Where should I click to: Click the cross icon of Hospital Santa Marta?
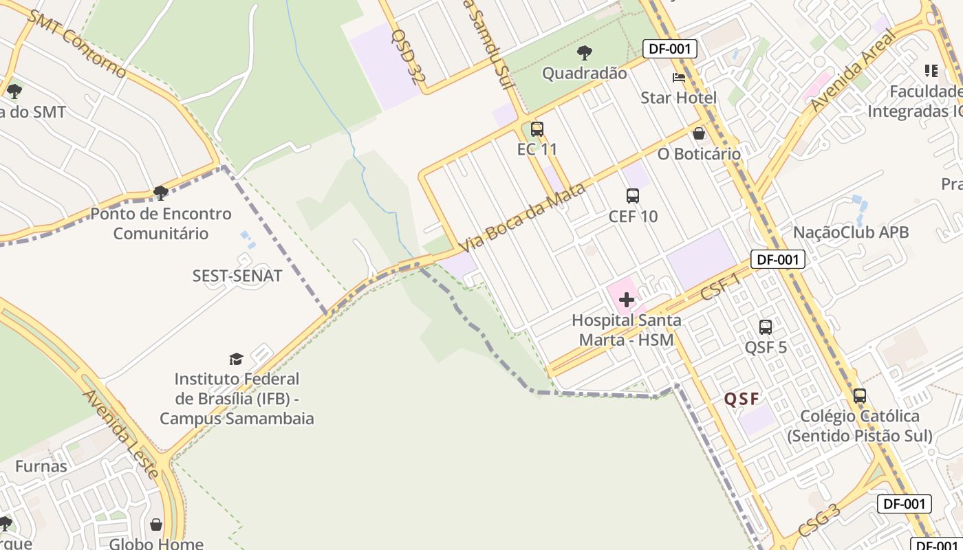coord(626,300)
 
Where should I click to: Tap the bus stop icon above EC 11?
coord(537,129)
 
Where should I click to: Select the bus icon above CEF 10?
coord(633,196)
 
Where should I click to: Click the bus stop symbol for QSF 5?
coord(766,327)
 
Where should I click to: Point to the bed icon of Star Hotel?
coord(679,77)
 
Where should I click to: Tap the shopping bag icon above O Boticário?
coord(699,133)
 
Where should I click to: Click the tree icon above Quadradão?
coord(585,52)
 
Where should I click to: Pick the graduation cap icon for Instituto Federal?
coord(236,359)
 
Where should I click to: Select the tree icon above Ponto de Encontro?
coord(161,193)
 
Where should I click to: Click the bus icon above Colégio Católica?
coord(860,396)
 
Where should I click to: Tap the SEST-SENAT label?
coord(237,276)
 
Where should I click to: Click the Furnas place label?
coord(41,466)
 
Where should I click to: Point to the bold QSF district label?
coord(742,399)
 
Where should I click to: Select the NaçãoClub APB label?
coord(851,232)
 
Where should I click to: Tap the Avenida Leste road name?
coord(121,434)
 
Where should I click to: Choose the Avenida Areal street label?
coord(854,71)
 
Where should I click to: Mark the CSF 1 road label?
coord(720,287)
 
